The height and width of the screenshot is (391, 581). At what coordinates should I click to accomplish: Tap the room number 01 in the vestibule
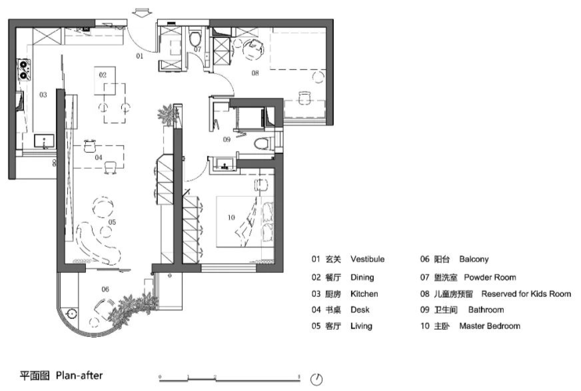[140, 57]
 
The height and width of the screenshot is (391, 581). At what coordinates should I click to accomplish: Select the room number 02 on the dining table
[103, 75]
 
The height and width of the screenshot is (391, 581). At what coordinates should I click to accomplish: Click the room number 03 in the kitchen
[43, 95]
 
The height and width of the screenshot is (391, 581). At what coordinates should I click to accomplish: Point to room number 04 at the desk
[98, 157]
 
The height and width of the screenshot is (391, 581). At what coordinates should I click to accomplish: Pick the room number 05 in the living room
[113, 222]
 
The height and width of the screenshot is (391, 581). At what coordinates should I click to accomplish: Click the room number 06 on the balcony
[105, 289]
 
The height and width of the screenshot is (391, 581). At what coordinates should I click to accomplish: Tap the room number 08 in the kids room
[255, 73]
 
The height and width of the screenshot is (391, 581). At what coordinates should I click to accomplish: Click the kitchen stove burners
[25, 69]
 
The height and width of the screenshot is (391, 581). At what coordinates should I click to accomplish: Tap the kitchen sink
[45, 141]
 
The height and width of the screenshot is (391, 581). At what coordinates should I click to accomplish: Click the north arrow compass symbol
[316, 378]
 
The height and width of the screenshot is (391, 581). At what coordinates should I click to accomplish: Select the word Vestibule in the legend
[367, 260]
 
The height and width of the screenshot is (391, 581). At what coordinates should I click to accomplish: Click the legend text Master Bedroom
[490, 326]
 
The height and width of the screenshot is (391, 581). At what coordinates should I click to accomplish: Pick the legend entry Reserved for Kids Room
[526, 294]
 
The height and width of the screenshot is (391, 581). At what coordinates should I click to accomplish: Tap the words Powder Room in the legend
[490, 277]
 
